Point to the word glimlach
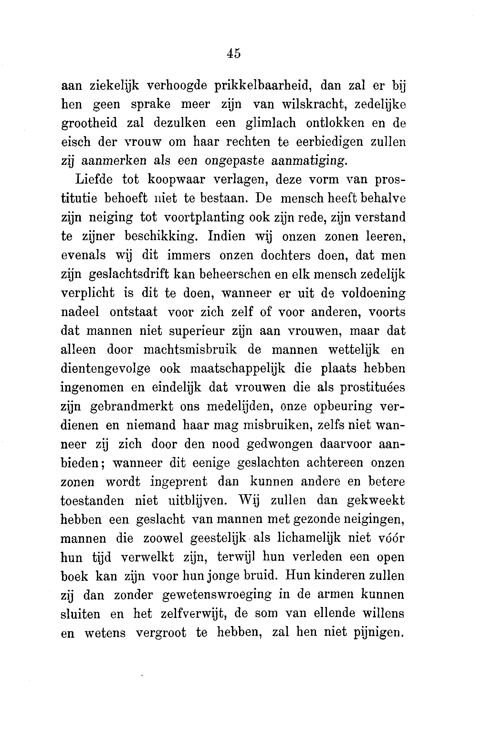coord(271,123)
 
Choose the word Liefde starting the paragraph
coord(94,179)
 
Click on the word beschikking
coord(161,237)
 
